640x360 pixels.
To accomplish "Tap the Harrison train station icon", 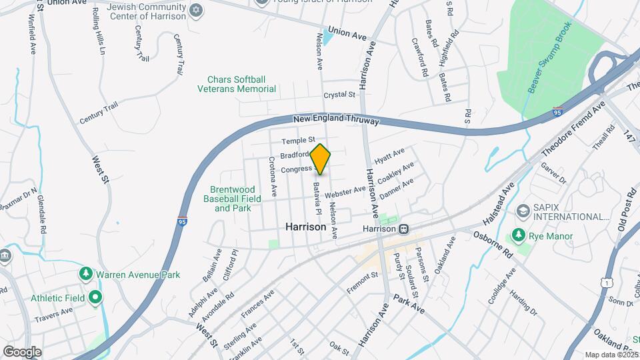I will click(x=404, y=229).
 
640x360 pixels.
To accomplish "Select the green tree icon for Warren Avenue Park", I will click(x=85, y=275).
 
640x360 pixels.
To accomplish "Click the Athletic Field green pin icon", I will click(x=95, y=297).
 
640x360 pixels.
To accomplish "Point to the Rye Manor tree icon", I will click(x=517, y=235).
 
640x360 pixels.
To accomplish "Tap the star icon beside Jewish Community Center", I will click(x=195, y=9).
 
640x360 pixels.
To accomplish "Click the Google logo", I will click(x=22, y=352).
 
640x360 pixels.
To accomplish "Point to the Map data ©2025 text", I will click(x=612, y=355).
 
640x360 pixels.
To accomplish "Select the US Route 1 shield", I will click(x=605, y=283).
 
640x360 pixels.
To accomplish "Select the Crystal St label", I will click(x=339, y=95).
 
